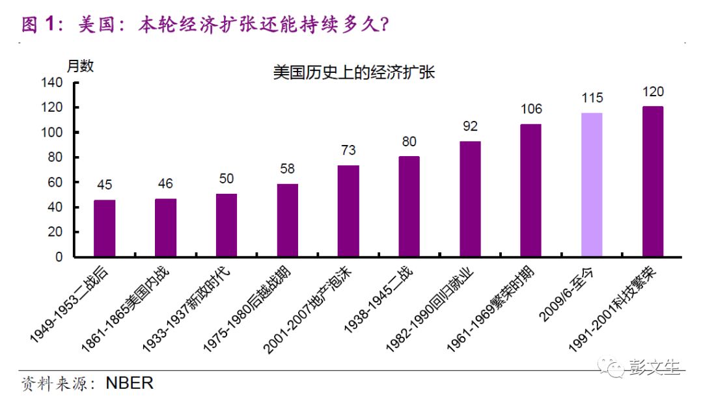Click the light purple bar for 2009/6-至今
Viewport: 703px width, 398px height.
(592, 185)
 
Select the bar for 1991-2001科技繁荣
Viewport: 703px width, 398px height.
(653, 181)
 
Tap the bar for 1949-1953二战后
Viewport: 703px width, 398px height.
(104, 228)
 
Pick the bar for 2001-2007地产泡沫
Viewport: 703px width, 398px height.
(348, 211)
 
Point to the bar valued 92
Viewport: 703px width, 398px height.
(470, 199)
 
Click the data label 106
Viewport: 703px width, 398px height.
(531, 109)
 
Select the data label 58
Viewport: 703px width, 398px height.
(287, 169)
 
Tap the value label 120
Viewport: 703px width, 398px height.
(653, 92)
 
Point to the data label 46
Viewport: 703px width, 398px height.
(165, 184)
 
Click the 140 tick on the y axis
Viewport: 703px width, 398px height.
(52, 83)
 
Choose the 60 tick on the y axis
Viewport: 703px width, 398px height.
(55, 182)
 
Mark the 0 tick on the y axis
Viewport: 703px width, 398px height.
(59, 257)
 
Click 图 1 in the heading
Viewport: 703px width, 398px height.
(41, 25)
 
